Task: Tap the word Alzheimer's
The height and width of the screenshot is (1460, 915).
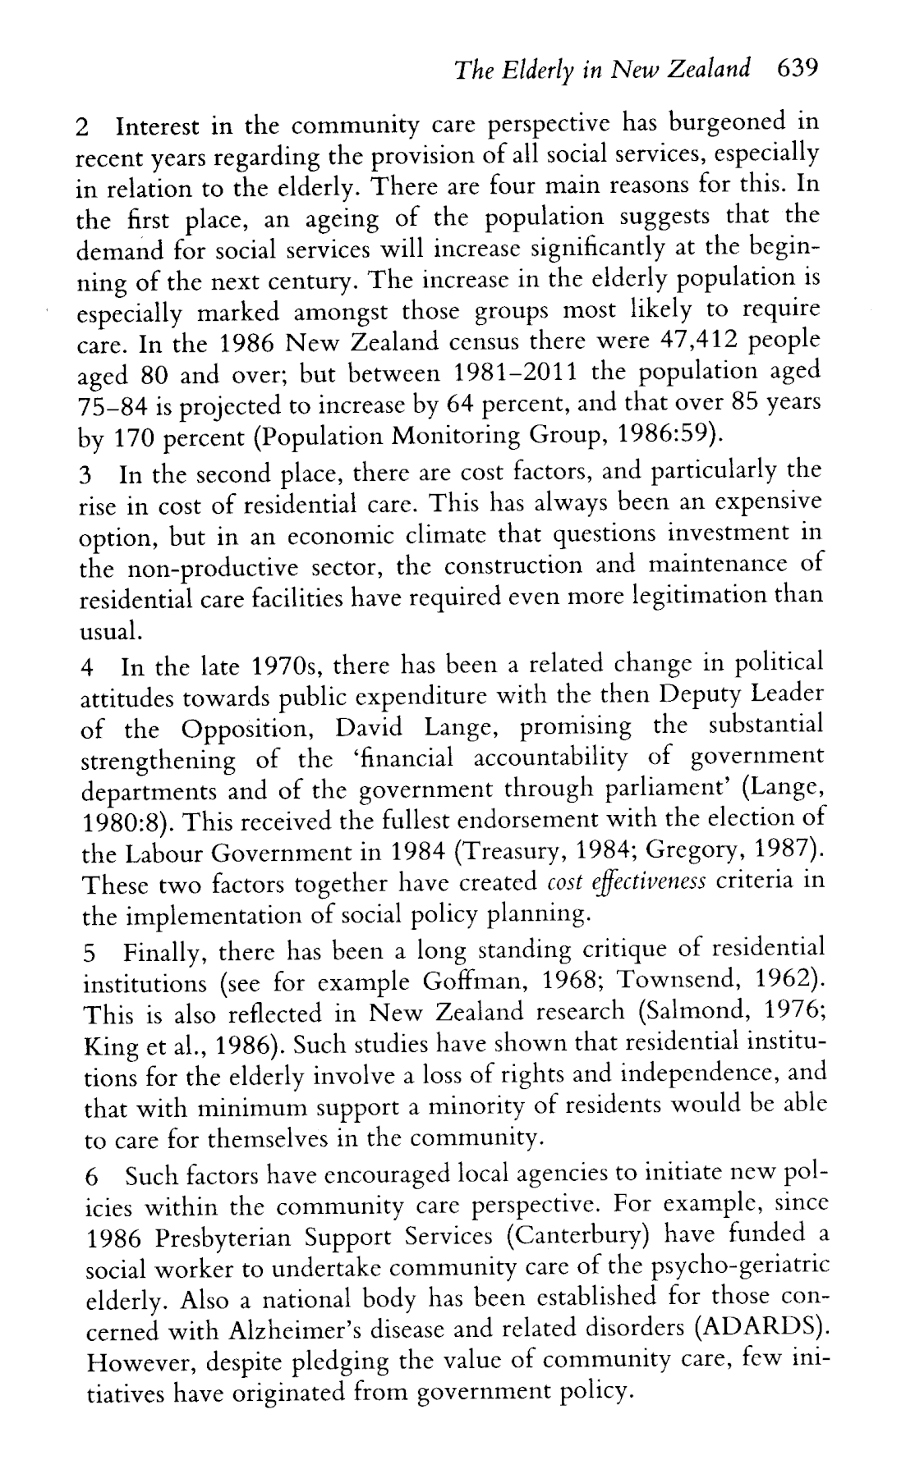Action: pos(313,1328)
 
